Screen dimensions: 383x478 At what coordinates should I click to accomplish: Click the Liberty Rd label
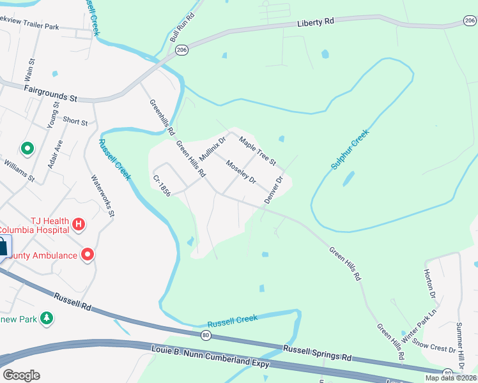pyautogui.click(x=316, y=22)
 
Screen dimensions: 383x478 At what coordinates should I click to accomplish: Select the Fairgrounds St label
pyautogui.click(x=50, y=93)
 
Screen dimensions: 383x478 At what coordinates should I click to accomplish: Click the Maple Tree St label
pyautogui.click(x=257, y=150)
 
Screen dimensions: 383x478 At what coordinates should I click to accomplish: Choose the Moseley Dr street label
pyautogui.click(x=240, y=171)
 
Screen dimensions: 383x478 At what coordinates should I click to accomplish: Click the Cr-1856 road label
pyautogui.click(x=161, y=185)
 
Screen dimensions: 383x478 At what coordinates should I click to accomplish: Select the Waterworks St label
pyautogui.click(x=102, y=197)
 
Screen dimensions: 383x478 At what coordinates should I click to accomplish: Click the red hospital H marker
pyautogui.click(x=79, y=224)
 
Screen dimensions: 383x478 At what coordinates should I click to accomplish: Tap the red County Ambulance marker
pyautogui.click(x=88, y=255)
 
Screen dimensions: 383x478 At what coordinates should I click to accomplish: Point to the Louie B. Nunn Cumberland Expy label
pyautogui.click(x=210, y=357)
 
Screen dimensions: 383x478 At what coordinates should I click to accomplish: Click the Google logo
pyautogui.click(x=21, y=375)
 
